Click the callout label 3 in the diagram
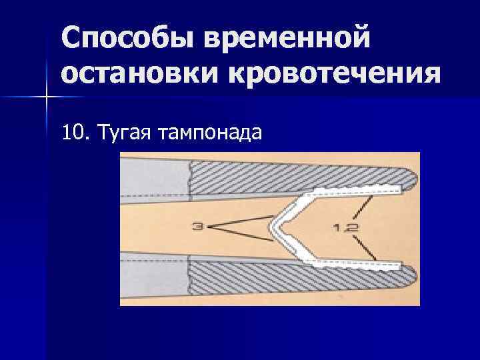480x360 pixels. tap(198, 227)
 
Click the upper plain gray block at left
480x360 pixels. tap(155, 179)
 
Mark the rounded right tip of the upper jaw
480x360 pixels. tap(412, 178)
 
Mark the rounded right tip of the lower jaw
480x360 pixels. tap(412, 278)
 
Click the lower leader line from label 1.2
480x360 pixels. tap(365, 249)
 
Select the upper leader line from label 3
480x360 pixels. tap(240, 222)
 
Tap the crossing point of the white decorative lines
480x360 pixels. tap(46, 97)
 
